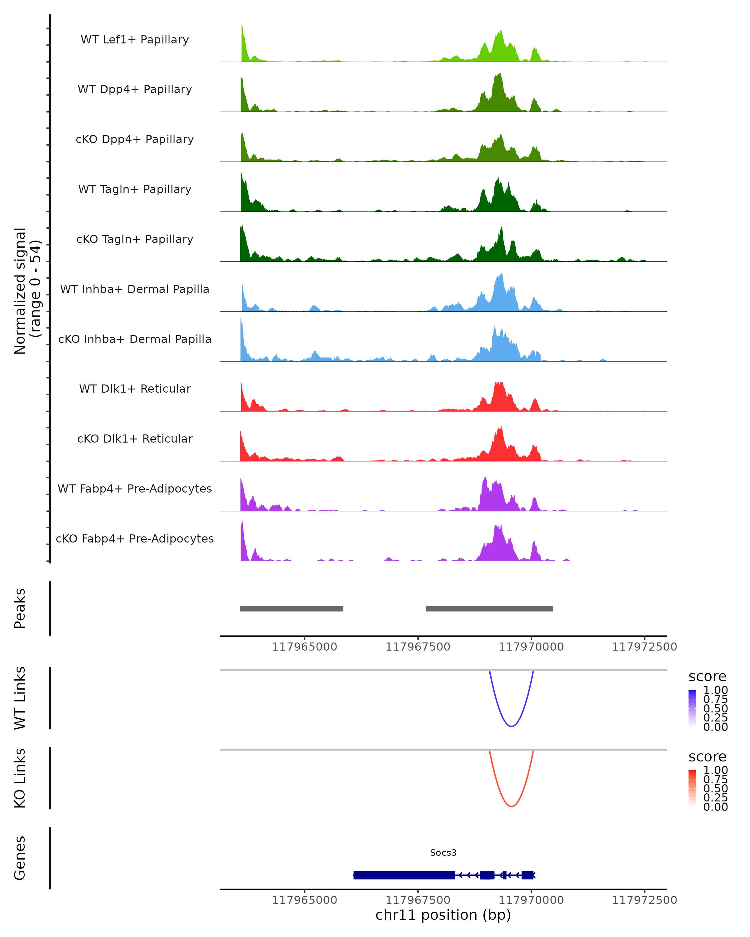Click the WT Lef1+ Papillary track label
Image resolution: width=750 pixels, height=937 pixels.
(x=135, y=40)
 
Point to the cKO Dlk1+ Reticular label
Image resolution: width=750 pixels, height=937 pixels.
(x=135, y=439)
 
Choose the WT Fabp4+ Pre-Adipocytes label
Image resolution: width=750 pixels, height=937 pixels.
(x=135, y=488)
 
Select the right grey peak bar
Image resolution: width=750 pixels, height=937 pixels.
(x=489, y=608)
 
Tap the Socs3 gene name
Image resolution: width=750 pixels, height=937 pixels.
(x=443, y=853)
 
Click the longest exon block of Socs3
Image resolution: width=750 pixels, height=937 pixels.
(x=404, y=875)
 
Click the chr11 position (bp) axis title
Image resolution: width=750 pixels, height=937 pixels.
(x=443, y=915)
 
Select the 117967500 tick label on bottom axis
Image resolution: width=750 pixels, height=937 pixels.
(x=418, y=900)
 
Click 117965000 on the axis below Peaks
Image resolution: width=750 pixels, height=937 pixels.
(x=304, y=647)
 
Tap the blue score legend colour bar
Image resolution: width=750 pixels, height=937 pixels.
(x=692, y=707)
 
